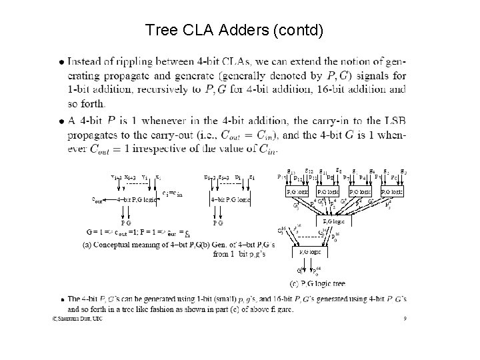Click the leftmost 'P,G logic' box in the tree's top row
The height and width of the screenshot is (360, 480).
click(297, 192)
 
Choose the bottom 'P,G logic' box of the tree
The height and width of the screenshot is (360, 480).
click(307, 252)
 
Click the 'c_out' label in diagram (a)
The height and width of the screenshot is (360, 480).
click(98, 199)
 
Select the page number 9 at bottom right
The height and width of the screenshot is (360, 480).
click(404, 319)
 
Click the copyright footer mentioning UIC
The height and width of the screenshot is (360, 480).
click(77, 319)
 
